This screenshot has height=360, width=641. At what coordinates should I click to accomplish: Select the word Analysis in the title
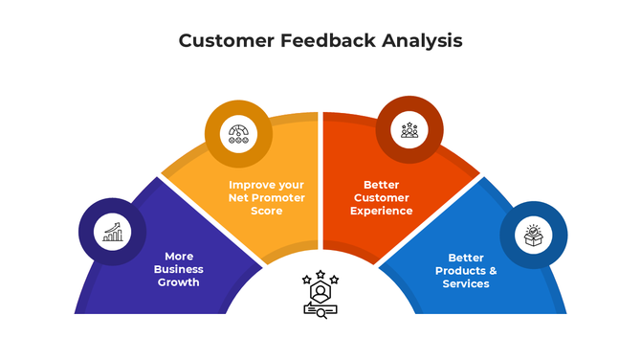[x=423, y=41]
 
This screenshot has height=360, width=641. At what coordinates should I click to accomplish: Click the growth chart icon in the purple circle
[x=113, y=232]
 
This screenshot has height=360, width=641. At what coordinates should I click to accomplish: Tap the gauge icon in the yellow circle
[x=238, y=133]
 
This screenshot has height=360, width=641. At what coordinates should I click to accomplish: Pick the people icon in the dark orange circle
[x=409, y=129]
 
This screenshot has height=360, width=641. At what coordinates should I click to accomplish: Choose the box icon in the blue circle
[x=533, y=236]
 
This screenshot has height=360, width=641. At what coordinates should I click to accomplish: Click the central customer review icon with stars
[x=320, y=295]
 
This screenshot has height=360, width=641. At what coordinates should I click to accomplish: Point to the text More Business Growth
[x=179, y=269]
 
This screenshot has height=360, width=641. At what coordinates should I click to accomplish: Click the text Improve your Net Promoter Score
[x=266, y=197]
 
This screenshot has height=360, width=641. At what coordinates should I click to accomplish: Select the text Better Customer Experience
[x=381, y=197]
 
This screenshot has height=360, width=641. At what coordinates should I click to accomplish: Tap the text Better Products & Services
[x=466, y=270]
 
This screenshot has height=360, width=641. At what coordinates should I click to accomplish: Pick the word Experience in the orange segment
[x=381, y=210]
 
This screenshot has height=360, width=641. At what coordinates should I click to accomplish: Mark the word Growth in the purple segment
[x=179, y=282]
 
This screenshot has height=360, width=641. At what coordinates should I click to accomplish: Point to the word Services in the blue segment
[x=466, y=283]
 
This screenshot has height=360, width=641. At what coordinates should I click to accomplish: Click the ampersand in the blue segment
[x=493, y=270]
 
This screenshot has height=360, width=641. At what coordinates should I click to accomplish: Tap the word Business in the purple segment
[x=179, y=269]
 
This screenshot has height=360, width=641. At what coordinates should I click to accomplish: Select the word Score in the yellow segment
[x=266, y=210]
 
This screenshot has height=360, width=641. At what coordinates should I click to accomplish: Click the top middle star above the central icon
[x=320, y=273]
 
